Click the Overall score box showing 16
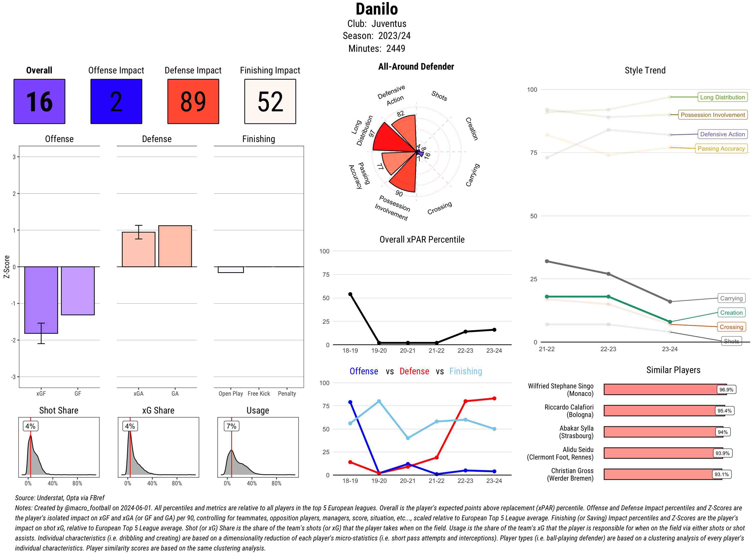(39, 102)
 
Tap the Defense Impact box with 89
(193, 102)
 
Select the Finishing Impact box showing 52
(270, 102)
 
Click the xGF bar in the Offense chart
(41, 300)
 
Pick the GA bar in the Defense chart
(175, 246)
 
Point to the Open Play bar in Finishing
(230, 269)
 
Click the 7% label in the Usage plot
(231, 426)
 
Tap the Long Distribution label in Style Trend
(722, 97)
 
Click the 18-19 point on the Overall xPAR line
(350, 294)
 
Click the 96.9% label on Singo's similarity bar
(726, 390)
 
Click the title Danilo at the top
(377, 9)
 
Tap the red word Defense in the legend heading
(414, 371)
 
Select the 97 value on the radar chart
(371, 133)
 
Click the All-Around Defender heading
(416, 67)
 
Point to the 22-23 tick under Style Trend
(608, 349)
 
